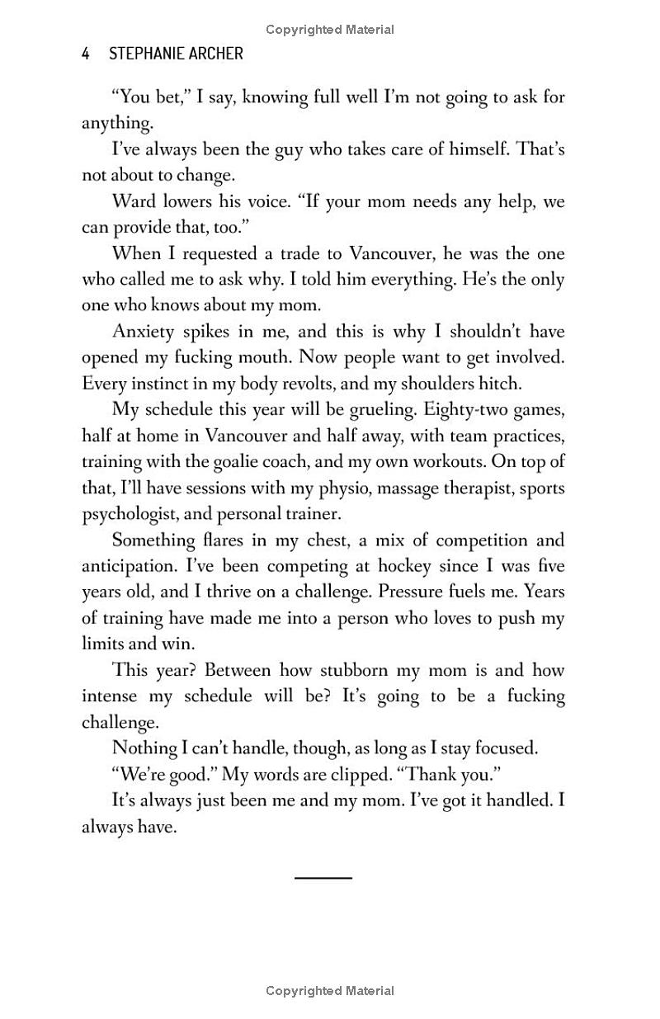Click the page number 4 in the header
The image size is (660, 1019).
[86, 54]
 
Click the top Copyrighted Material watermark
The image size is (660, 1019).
[330, 30]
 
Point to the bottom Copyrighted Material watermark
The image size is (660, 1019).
[330, 991]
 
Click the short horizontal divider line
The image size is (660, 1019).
[323, 877]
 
